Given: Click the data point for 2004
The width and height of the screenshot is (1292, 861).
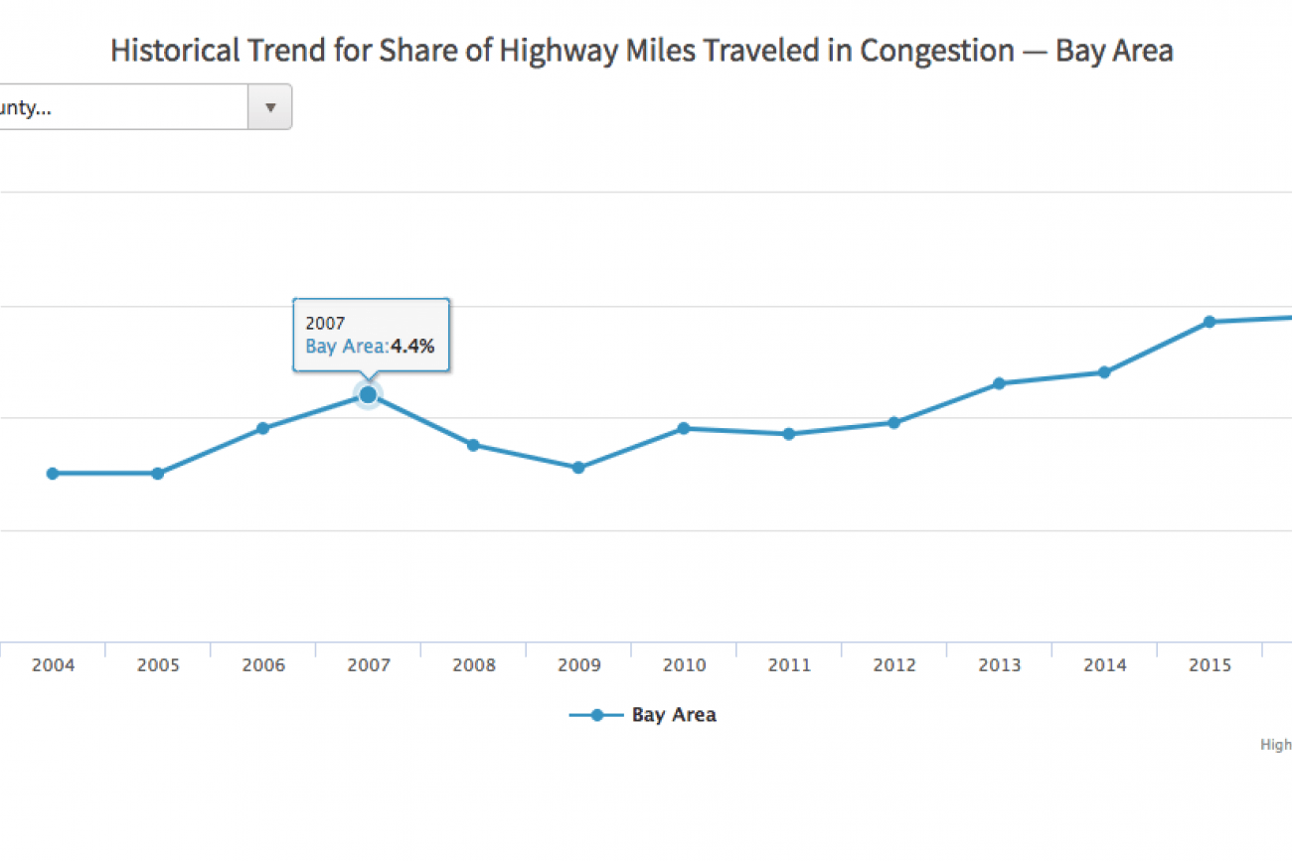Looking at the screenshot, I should click(x=53, y=474).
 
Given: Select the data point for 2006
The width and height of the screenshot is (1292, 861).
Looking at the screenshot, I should click(x=263, y=428).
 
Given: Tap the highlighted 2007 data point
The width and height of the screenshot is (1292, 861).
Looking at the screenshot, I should click(x=368, y=395).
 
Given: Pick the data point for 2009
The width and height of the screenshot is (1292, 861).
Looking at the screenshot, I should click(x=578, y=467).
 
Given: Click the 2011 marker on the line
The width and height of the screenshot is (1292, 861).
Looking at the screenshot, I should click(x=789, y=434).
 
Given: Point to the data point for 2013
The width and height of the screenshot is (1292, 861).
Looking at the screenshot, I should click(x=999, y=383).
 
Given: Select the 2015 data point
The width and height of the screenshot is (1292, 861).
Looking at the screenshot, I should click(x=1210, y=322).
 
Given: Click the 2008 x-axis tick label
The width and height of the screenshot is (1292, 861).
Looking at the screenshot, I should click(x=474, y=665).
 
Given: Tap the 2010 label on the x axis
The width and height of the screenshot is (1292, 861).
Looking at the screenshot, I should click(x=684, y=665).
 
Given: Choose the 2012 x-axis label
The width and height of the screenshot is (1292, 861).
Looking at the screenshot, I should click(x=894, y=665).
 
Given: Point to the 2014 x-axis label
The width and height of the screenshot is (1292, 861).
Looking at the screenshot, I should click(x=1105, y=665).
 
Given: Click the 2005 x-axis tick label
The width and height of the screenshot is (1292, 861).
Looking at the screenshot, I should click(x=158, y=665).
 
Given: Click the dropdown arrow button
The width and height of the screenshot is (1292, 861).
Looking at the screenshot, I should click(x=269, y=107).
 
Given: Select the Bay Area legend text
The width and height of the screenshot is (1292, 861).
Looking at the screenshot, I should click(x=674, y=715).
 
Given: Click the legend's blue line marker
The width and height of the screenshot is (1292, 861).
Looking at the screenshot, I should click(x=596, y=715).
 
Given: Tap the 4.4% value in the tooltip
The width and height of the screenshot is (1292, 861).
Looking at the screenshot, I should click(x=412, y=347).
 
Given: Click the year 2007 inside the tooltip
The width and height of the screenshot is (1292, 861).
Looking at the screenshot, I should click(x=325, y=324).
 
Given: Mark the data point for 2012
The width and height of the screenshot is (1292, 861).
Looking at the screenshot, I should click(x=893, y=423).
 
